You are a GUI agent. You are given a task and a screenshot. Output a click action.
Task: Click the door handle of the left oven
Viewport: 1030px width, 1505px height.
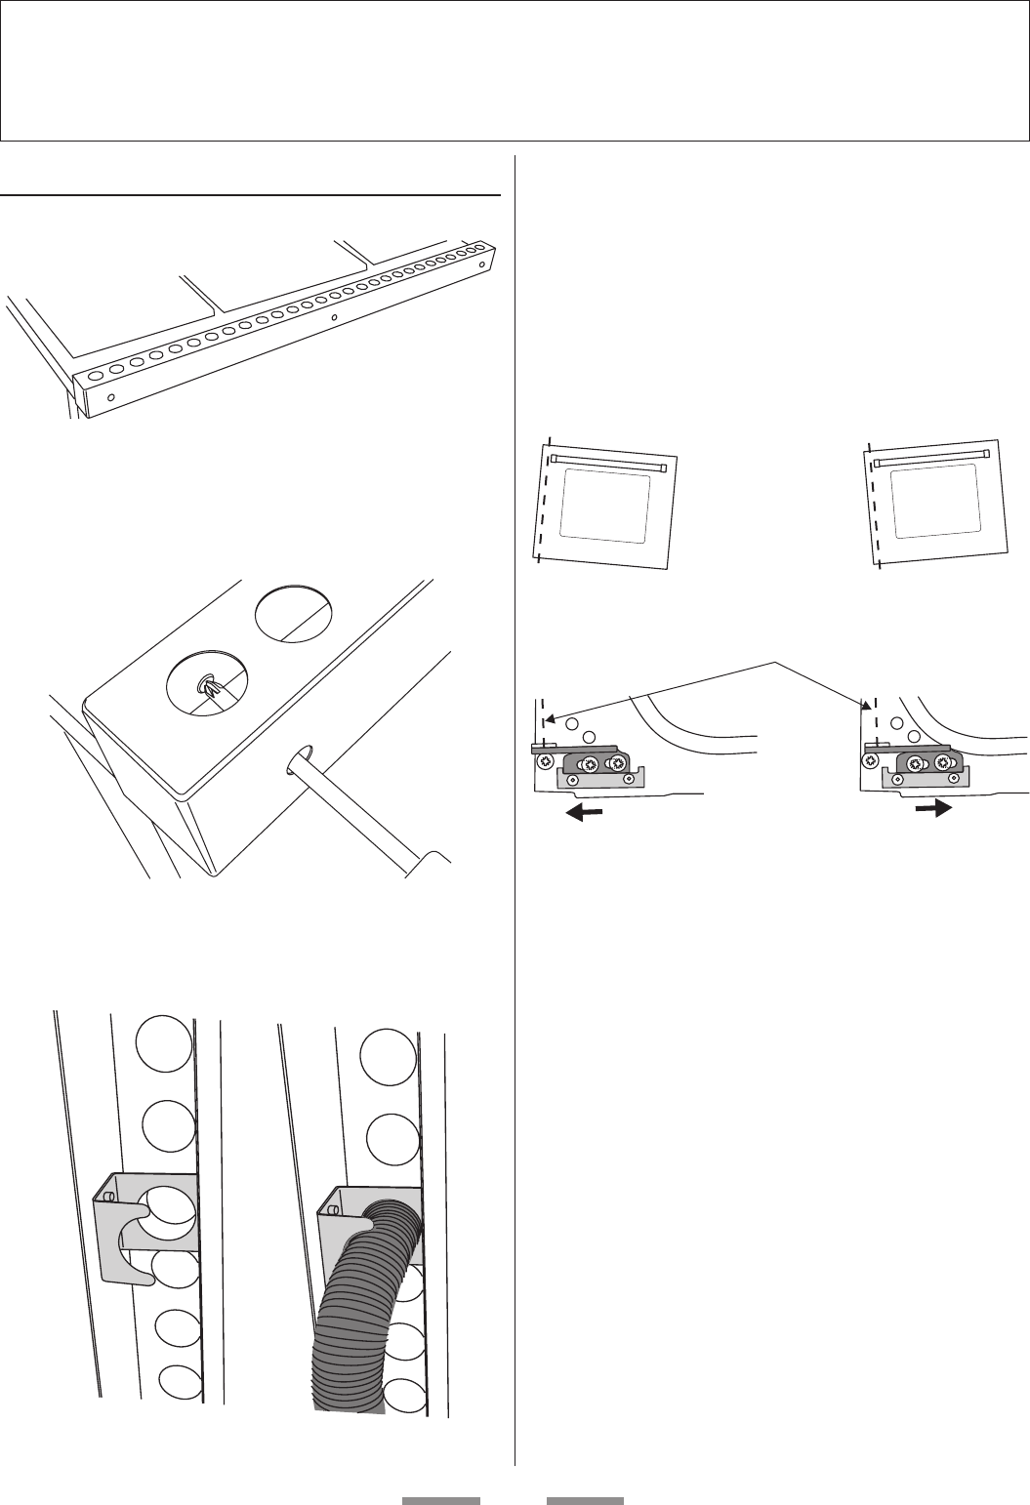[x=608, y=462]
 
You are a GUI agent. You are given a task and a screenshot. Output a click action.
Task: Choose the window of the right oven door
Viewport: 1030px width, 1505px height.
[x=935, y=500]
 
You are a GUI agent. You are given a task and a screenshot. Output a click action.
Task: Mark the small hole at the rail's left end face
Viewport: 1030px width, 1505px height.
[x=111, y=397]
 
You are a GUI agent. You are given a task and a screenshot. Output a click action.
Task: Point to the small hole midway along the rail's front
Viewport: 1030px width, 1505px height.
[x=334, y=318]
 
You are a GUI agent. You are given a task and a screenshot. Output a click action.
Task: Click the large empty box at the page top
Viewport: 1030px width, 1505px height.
[x=515, y=70]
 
